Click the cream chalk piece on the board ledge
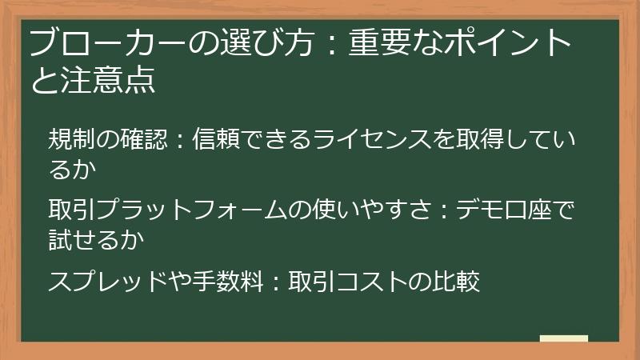coord(564,338)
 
